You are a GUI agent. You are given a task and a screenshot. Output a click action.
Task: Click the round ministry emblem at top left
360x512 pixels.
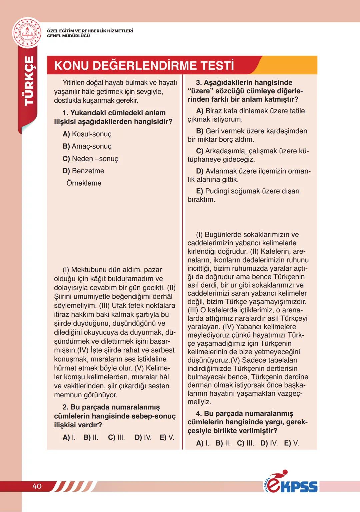click(27, 33)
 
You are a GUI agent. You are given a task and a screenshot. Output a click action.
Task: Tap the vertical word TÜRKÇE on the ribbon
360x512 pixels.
click(29, 81)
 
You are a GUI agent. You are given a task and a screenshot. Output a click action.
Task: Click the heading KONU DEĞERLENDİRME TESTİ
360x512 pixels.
click(144, 65)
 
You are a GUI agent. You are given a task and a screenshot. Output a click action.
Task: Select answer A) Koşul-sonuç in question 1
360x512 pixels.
click(87, 134)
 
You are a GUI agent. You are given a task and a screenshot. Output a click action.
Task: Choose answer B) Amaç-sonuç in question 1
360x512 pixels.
click(87, 146)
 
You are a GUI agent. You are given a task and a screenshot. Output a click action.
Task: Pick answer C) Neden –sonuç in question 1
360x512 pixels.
click(90, 159)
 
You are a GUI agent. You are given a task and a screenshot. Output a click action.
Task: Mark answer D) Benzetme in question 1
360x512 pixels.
click(83, 171)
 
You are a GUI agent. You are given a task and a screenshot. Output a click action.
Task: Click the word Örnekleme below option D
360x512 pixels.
click(84, 183)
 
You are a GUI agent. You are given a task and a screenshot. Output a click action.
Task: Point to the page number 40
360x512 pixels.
click(37, 486)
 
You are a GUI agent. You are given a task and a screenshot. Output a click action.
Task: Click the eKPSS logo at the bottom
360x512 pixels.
click(291, 483)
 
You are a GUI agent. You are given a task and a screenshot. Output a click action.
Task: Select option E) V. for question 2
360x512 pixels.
click(167, 437)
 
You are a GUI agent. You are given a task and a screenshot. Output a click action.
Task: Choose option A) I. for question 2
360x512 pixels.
click(69, 437)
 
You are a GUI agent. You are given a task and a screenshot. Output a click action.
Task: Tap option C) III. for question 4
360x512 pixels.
click(245, 443)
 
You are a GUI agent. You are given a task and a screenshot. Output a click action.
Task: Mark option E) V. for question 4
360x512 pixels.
click(291, 443)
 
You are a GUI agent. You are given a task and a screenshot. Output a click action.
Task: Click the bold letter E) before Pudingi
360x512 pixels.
click(199, 191)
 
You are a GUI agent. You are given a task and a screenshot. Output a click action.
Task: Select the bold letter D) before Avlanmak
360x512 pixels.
click(199, 171)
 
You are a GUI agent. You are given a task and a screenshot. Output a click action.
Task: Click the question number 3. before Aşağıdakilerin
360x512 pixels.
click(199, 82)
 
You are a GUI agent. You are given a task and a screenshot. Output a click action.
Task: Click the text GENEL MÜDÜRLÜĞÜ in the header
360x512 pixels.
click(68, 36)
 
